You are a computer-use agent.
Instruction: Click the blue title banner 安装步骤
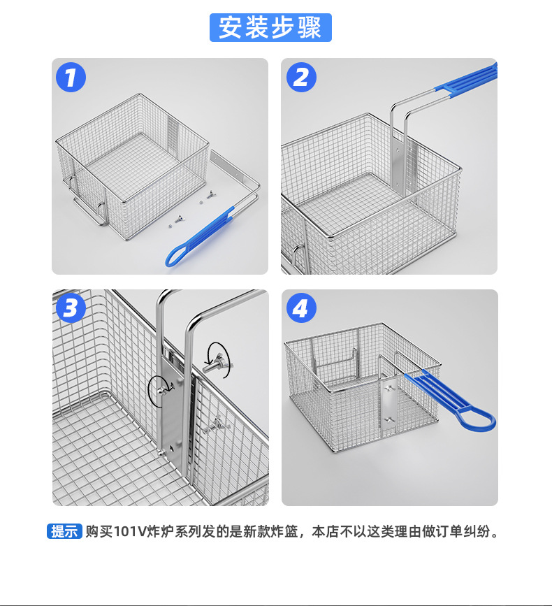tap(270, 27)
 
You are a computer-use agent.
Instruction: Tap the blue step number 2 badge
tap(300, 77)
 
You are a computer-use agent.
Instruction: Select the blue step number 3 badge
tap(71, 308)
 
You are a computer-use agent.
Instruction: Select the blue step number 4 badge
tap(300, 308)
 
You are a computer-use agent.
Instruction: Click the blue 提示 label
tap(64, 531)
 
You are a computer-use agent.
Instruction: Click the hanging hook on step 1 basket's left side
tap(73, 183)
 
